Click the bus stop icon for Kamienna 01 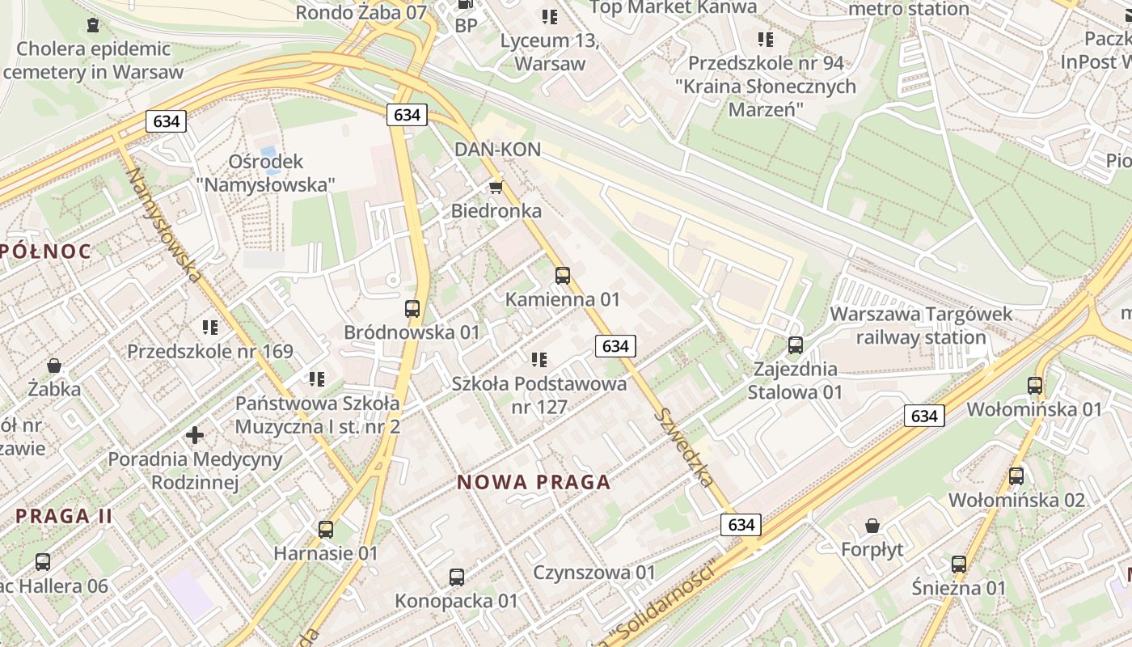tap(563, 276)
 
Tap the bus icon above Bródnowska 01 tap(412, 309)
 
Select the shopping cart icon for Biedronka tap(496, 188)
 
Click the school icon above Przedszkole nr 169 tap(210, 328)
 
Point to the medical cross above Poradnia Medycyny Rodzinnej tap(195, 436)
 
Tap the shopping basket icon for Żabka tap(54, 366)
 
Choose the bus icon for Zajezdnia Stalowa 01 tap(796, 345)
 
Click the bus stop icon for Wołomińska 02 tap(1016, 476)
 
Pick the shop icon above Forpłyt tap(872, 526)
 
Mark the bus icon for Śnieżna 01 tap(959, 564)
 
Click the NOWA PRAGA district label tap(534, 483)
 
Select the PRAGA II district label tap(64, 516)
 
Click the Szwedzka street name tap(686, 447)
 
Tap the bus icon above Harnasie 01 tap(326, 530)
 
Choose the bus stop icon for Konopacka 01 tap(457, 577)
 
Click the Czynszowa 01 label tap(594, 573)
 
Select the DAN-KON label tap(497, 150)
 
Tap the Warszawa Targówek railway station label tap(921, 326)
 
